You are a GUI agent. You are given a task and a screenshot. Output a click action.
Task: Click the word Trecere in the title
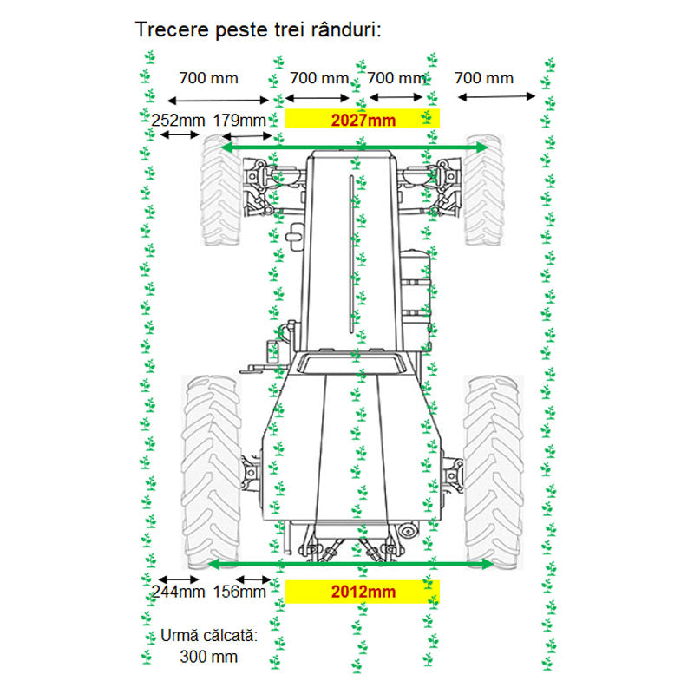(172, 30)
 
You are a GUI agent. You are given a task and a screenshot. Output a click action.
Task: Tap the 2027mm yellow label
(363, 119)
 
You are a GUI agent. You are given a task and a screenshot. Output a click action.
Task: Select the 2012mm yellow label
(363, 592)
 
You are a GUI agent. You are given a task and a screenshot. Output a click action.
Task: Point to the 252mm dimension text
(179, 120)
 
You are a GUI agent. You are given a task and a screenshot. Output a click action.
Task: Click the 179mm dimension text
(239, 120)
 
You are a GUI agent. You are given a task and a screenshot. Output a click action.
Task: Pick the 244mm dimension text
(179, 592)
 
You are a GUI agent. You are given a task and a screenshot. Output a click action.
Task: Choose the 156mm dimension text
(239, 592)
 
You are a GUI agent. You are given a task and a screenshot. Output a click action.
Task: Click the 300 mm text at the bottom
(208, 657)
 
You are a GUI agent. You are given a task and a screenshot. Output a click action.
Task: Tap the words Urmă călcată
(208, 636)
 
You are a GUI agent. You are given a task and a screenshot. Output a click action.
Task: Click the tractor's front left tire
(220, 190)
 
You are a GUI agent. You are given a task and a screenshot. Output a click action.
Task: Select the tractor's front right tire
(484, 190)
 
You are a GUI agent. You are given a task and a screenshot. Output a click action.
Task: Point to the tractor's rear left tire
(211, 473)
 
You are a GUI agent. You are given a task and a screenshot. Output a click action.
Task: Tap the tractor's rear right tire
(494, 473)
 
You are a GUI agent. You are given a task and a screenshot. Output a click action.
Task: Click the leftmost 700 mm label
(208, 78)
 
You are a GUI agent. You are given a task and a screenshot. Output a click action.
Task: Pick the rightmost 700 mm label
(484, 78)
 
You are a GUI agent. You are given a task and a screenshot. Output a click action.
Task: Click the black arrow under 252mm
(180, 134)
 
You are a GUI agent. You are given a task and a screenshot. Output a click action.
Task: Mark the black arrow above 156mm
(253, 579)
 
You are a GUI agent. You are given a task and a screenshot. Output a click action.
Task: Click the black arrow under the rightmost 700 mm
(496, 96)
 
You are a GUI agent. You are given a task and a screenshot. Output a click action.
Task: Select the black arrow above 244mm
(179, 579)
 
